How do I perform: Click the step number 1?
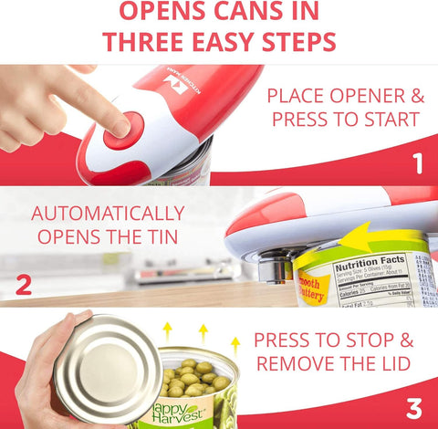417,164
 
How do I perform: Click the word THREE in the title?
151,42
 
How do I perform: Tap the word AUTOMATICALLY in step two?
108,214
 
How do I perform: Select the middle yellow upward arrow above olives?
203,332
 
